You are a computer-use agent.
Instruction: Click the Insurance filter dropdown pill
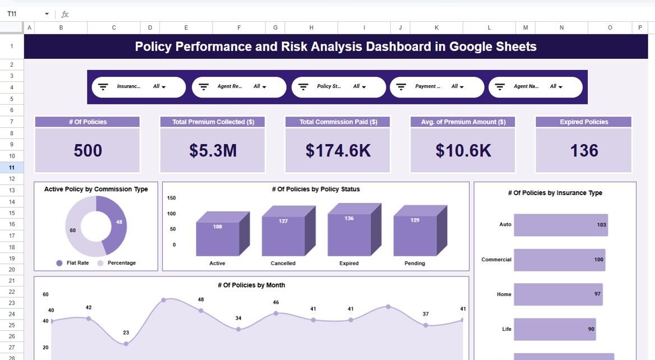click(139, 87)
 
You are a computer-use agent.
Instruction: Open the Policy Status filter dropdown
click(339, 87)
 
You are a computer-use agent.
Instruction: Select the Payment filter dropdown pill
click(437, 87)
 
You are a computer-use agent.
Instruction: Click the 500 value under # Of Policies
click(87, 150)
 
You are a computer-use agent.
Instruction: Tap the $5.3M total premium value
click(213, 150)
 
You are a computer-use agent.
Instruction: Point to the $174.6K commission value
click(338, 150)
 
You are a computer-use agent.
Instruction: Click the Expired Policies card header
click(584, 122)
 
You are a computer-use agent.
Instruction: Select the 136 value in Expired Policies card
click(584, 150)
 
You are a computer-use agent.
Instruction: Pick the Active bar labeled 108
click(218, 238)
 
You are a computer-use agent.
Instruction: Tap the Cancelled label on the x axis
click(283, 263)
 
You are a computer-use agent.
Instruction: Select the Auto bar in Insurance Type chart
click(560, 225)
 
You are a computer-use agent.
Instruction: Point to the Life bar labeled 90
click(555, 329)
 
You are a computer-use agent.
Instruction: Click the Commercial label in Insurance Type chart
click(496, 260)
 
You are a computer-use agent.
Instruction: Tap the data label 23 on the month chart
click(126, 333)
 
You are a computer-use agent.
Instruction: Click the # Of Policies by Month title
click(251, 285)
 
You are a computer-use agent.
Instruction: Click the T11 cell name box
click(22, 14)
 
